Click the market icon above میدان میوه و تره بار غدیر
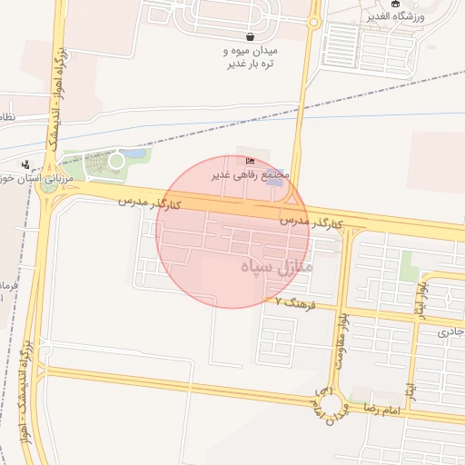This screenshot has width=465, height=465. tap(249, 38)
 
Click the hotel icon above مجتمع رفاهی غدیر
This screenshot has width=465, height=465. tap(251, 162)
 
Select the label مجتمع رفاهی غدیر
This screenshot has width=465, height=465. tap(251, 173)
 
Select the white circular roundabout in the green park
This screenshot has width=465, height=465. tap(116, 161)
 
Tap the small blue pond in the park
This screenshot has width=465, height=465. tap(136, 155)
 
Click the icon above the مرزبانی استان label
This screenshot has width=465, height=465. tap(25, 165)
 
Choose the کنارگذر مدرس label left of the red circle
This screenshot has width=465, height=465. tap(150, 201)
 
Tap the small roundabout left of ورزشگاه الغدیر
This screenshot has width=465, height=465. tap(314, 21)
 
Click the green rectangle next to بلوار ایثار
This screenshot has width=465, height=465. tap(411, 266)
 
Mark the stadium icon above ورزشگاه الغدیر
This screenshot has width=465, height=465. tap(395, 5)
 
